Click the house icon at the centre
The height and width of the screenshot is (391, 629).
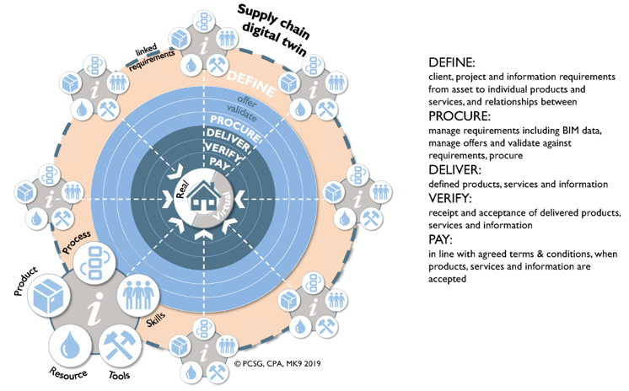pos(204,195)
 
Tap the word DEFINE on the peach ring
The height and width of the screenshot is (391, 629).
pos(251,83)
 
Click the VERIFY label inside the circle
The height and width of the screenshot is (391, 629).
pos(223,152)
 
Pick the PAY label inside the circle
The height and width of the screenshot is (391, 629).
pos(219,163)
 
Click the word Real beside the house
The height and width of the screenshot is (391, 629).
pos(182,190)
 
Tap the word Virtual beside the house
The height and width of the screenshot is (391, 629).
pos(223,206)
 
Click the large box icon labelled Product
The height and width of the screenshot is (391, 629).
pos(48,296)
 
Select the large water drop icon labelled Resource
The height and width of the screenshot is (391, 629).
pos(70,346)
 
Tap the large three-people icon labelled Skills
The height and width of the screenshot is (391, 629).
pos(138,295)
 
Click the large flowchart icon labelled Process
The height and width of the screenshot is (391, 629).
pos(94,263)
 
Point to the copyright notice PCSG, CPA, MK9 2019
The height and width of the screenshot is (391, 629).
pos(277,363)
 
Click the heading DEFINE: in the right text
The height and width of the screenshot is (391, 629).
pos(452,62)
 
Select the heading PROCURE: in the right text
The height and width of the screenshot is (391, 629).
pos(460,116)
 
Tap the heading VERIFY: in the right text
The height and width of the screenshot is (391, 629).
pos(450,198)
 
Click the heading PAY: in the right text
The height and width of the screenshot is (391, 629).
pos(440,239)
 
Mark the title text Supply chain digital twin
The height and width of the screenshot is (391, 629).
pos(273,29)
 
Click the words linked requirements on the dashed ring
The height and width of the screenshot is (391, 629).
pos(150,57)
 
